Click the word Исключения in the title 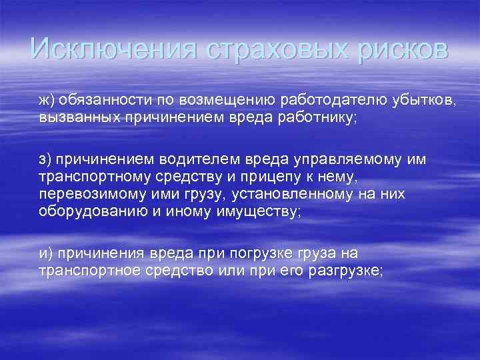click(x=113, y=49)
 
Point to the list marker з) click(x=46, y=160)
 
